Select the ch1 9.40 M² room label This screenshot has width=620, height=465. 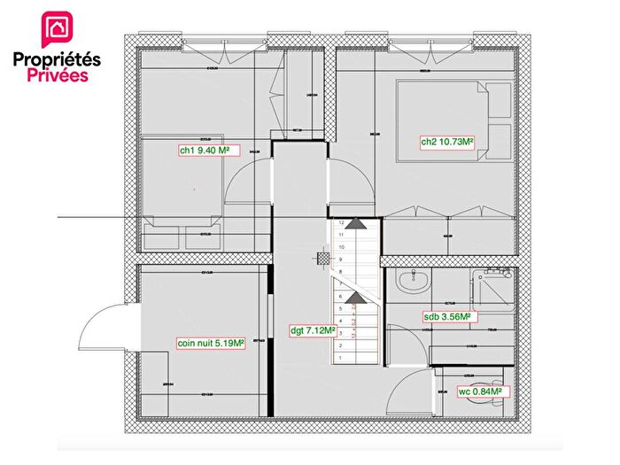(x=205, y=151)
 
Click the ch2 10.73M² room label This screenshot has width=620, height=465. (x=446, y=142)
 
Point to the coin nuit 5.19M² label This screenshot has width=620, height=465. (x=210, y=344)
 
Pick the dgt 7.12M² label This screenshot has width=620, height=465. (x=312, y=331)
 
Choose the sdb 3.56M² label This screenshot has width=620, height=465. (x=446, y=315)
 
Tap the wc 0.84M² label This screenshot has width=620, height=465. (x=481, y=391)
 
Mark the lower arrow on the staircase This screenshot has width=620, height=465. (x=354, y=297)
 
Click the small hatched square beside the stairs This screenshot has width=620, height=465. (x=324, y=258)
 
